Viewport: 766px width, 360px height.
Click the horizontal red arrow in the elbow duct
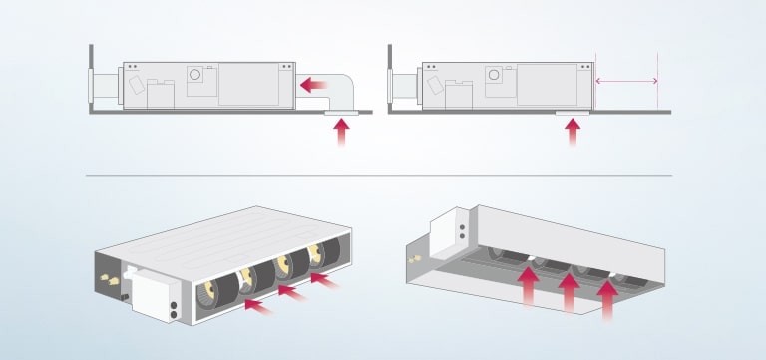(316, 87)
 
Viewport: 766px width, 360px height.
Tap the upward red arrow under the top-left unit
(342, 133)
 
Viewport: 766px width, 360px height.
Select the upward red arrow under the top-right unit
(573, 133)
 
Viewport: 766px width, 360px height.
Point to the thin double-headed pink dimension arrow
(626, 81)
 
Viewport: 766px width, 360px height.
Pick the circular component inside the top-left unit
(196, 75)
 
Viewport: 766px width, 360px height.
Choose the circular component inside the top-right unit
(493, 75)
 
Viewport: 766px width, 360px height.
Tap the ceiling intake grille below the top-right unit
(573, 114)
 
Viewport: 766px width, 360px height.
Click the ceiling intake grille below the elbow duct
(342, 114)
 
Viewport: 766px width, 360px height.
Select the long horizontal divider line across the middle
(379, 176)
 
